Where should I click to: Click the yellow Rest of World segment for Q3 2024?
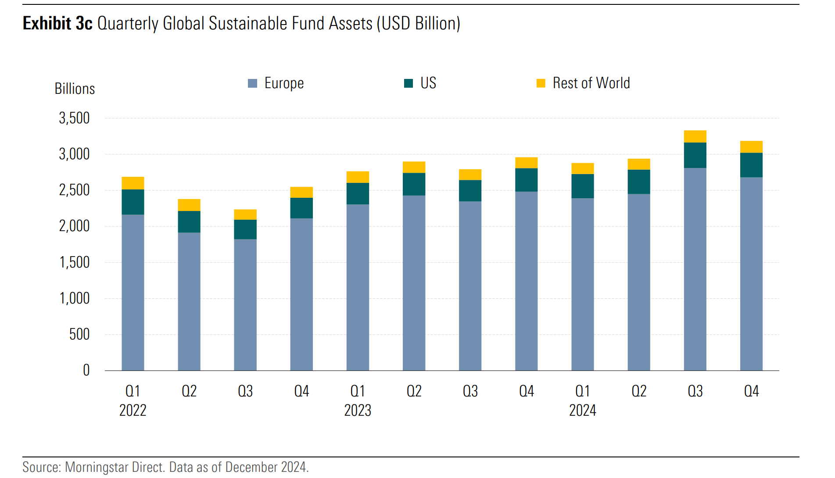tap(695, 136)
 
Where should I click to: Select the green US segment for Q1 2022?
tap(133, 202)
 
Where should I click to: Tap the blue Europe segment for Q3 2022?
tap(245, 305)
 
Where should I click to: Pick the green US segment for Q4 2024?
tap(751, 165)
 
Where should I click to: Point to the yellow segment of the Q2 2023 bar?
tap(414, 167)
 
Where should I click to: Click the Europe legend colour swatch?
tap(252, 83)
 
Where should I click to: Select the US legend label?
tap(428, 83)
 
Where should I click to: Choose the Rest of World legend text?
tap(591, 83)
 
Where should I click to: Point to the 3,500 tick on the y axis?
tap(74, 118)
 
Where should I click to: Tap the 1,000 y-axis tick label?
tap(74, 298)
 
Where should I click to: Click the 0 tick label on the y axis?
tap(86, 371)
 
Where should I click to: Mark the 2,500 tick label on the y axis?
tap(74, 190)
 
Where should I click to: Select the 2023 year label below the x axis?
tap(358, 410)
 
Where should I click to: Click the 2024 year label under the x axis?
tap(582, 410)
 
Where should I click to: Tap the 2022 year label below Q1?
tap(133, 410)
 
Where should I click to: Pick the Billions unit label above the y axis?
tap(75, 89)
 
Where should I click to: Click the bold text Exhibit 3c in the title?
tap(57, 23)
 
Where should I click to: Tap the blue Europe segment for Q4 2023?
tap(526, 281)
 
